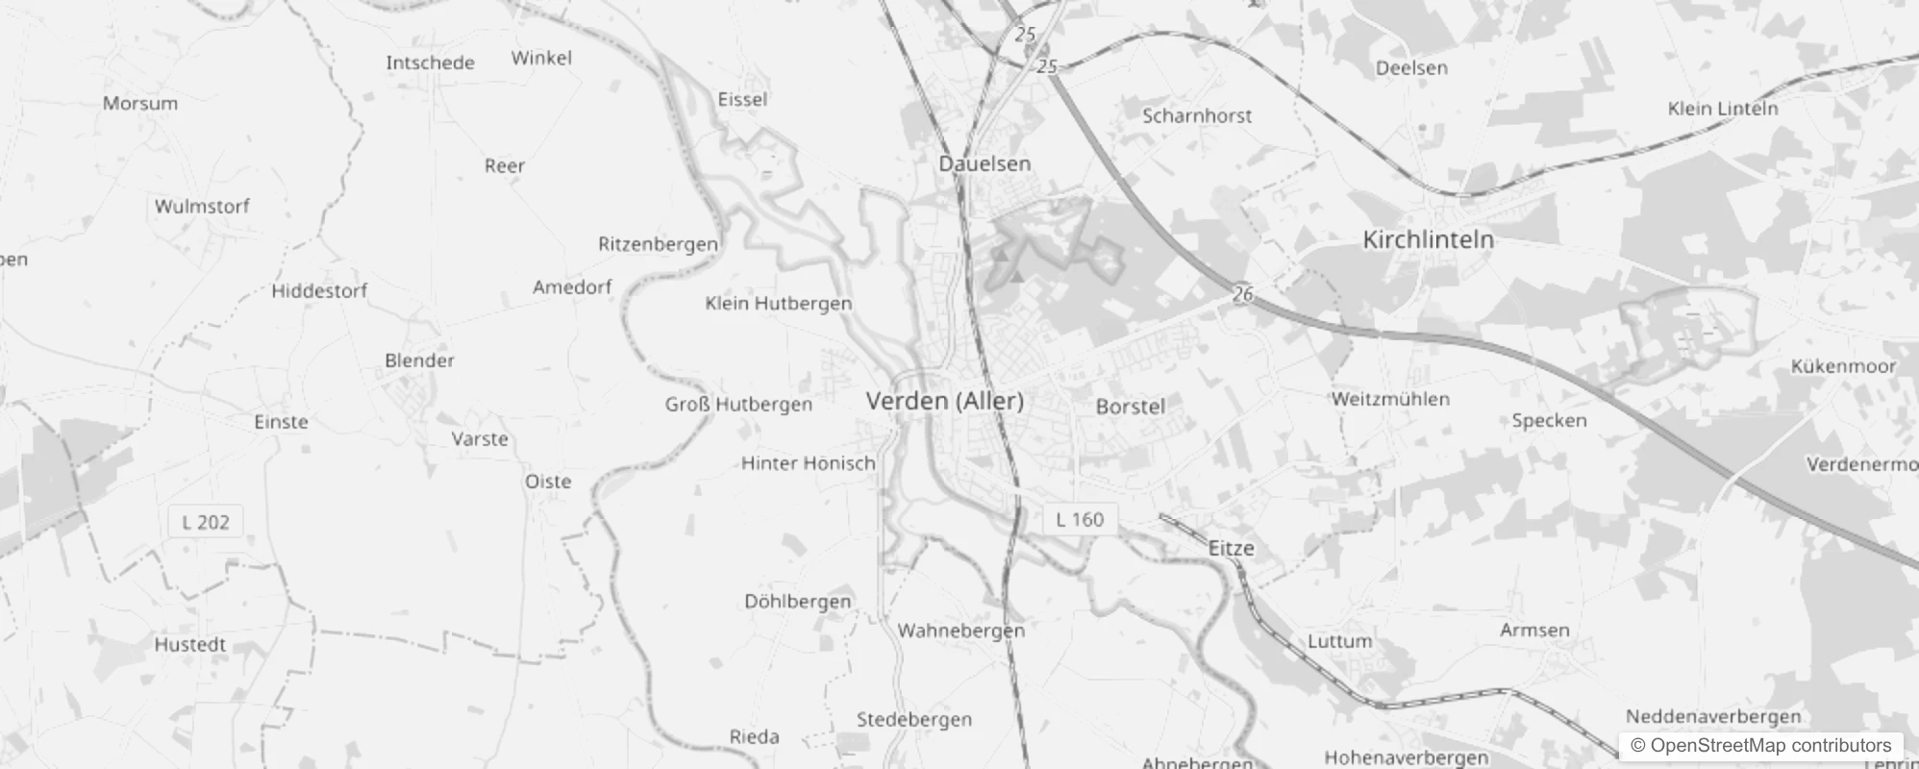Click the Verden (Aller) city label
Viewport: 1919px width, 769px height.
click(x=944, y=401)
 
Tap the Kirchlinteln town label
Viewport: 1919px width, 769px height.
click(x=1428, y=239)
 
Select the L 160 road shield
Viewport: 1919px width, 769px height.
click(x=1080, y=520)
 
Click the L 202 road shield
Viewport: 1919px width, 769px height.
click(x=206, y=522)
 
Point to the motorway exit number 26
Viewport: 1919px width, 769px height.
click(x=1243, y=293)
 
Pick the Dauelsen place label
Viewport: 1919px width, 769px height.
click(x=984, y=163)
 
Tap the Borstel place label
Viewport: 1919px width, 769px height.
click(x=1130, y=407)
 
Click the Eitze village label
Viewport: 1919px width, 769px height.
click(x=1231, y=548)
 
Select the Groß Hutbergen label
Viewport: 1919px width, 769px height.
click(x=738, y=405)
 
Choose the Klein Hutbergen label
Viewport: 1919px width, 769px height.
click(x=778, y=304)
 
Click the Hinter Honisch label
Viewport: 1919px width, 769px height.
click(x=808, y=463)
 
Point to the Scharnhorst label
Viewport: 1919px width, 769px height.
click(x=1197, y=116)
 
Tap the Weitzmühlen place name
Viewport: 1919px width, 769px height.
click(x=1390, y=399)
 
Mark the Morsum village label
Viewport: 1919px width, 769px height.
click(x=140, y=104)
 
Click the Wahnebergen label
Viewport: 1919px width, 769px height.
click(x=960, y=631)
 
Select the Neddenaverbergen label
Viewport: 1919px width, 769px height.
click(x=1712, y=716)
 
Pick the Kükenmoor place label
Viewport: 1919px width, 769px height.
click(x=1843, y=366)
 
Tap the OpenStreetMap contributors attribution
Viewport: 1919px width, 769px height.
click(x=1760, y=746)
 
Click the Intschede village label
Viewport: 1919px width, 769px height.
click(x=430, y=63)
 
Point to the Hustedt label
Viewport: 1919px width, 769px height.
click(x=190, y=644)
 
